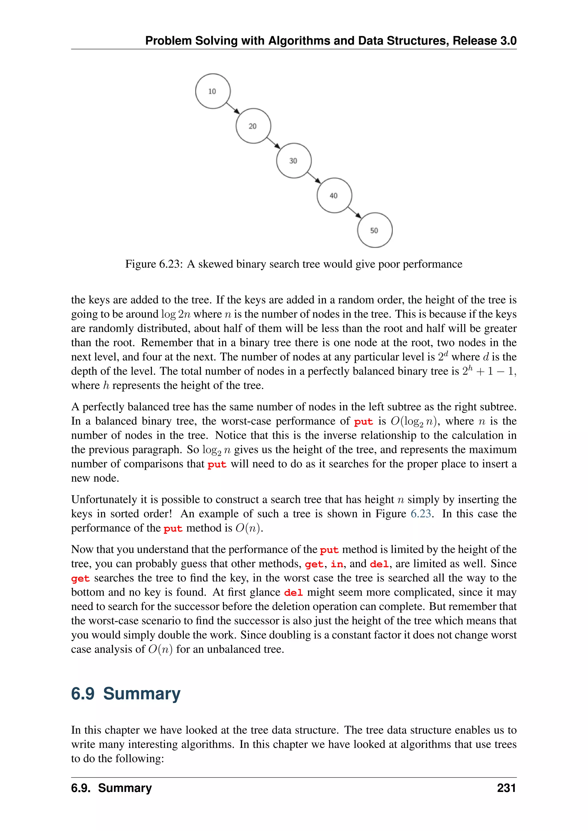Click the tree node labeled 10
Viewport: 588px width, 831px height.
[x=212, y=91]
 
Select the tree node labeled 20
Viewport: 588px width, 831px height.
[x=253, y=126]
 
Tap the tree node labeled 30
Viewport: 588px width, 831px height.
[x=294, y=161]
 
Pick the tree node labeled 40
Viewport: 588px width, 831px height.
[x=334, y=195]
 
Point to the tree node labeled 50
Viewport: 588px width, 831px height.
[x=375, y=230]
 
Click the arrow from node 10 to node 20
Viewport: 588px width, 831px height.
[x=233, y=108]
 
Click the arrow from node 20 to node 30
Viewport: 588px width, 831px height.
[x=273, y=143]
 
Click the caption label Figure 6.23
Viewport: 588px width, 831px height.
[x=154, y=264]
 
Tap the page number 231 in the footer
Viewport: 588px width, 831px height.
[x=506, y=788]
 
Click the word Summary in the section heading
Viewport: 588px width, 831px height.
[x=142, y=694]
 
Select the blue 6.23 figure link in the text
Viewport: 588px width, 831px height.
[x=420, y=514]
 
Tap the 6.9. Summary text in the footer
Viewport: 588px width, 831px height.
[x=111, y=788]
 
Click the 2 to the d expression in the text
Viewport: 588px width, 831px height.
[x=443, y=356]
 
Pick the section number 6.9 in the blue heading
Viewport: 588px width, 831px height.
[x=83, y=694]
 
